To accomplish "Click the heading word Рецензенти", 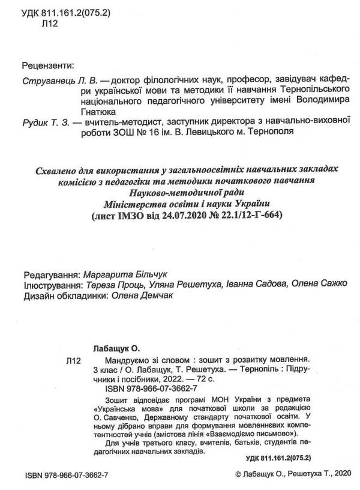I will click(x=47, y=65).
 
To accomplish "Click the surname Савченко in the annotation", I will click(x=127, y=411).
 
